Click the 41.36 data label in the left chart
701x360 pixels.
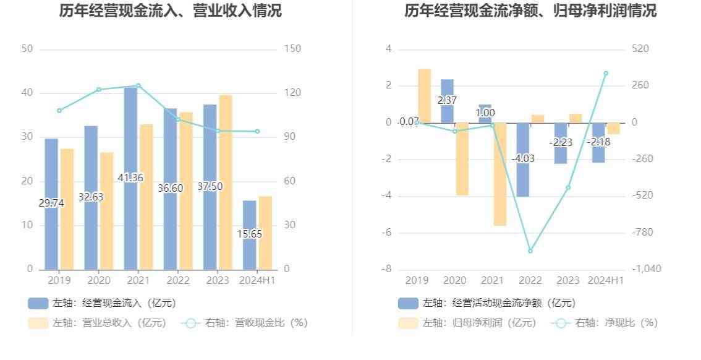coord(130,178)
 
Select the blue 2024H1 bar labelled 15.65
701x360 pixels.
coord(249,234)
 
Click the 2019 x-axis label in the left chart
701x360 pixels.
coord(59,281)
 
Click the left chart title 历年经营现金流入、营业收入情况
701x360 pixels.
coord(170,11)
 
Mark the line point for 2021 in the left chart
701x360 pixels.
coord(138,85)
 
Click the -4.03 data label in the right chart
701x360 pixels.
coord(523,158)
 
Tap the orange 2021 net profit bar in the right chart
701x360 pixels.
coord(500,174)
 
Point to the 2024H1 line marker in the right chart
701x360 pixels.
coord(606,73)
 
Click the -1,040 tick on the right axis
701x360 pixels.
coord(647,269)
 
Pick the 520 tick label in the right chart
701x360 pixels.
coord(640,49)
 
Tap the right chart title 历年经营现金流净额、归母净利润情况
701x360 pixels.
coord(530,11)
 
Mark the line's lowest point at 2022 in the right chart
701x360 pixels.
coord(530,251)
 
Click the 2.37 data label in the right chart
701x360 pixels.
coord(447,100)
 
